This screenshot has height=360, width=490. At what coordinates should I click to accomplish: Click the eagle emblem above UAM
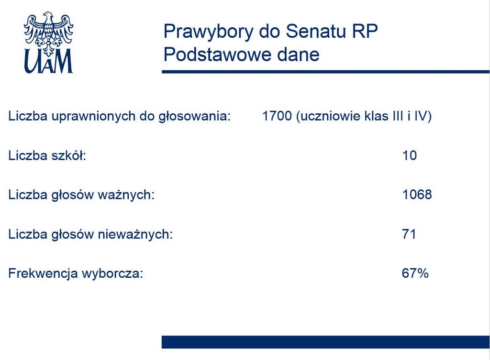click(x=49, y=33)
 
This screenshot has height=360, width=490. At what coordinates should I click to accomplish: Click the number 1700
click(x=277, y=116)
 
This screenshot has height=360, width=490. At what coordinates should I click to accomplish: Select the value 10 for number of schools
click(x=410, y=155)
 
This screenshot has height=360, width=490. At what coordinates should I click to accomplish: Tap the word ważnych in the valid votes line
click(x=126, y=195)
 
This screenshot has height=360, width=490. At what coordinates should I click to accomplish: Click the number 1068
click(x=417, y=195)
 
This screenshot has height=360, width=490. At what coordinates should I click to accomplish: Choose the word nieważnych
click(x=135, y=234)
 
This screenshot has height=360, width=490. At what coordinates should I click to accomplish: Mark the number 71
click(x=409, y=234)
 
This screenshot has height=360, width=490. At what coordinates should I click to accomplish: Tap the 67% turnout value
click(x=415, y=273)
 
